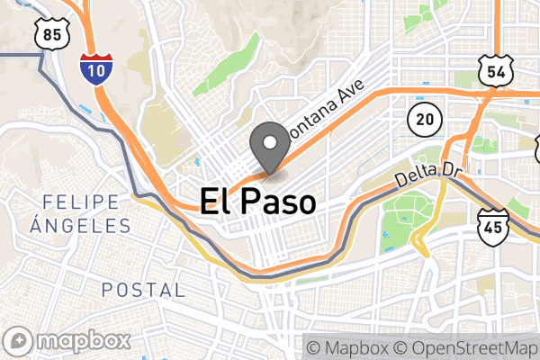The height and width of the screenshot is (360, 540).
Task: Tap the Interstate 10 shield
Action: coord(95,67)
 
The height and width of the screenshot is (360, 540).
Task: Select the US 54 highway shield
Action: coord(496,69)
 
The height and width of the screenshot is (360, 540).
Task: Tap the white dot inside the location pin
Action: coord(268,139)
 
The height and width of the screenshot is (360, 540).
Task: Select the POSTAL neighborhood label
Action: coord(144,290)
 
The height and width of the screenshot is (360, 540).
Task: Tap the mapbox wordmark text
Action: coord(82,342)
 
